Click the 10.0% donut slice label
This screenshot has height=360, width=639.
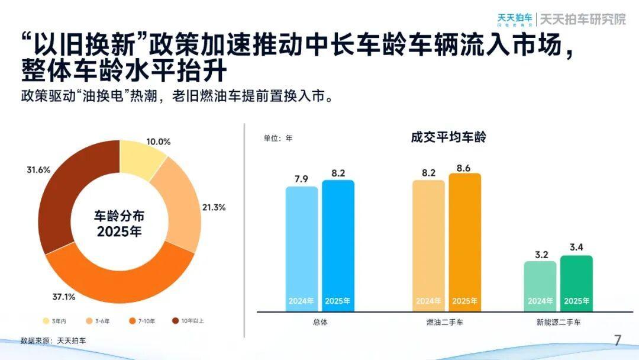158,142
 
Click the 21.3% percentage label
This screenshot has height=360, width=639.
213,207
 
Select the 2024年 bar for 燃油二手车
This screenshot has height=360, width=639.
428,245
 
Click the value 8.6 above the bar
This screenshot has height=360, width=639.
464,169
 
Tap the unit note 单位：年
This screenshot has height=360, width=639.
278,139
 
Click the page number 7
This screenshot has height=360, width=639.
617,340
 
